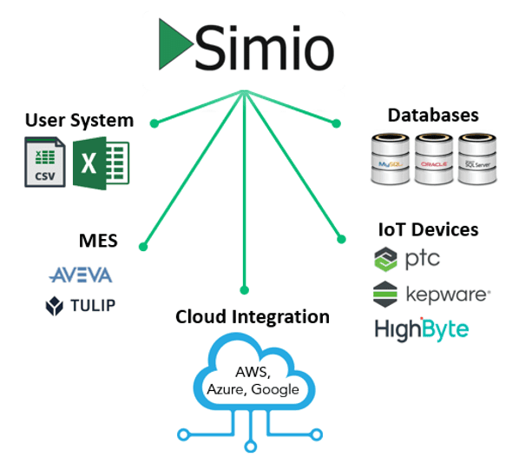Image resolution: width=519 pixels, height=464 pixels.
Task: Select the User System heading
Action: click(79, 120)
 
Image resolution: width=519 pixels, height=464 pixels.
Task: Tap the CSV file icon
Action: click(44, 162)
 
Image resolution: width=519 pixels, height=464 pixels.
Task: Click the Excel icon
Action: click(101, 162)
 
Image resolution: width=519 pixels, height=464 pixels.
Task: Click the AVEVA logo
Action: click(81, 275)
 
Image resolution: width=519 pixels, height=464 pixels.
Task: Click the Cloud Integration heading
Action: click(253, 316)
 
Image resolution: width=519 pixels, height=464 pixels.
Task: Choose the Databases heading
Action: click(433, 115)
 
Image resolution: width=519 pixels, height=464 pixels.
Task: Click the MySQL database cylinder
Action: click(390, 158)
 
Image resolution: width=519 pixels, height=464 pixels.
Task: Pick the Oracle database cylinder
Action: click(435, 158)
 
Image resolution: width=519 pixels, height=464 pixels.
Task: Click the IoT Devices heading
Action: click(428, 229)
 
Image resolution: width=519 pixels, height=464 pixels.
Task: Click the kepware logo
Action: click(431, 295)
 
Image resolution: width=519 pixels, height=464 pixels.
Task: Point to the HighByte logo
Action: click(422, 329)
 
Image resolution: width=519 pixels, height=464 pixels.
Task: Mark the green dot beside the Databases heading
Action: click(338, 123)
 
